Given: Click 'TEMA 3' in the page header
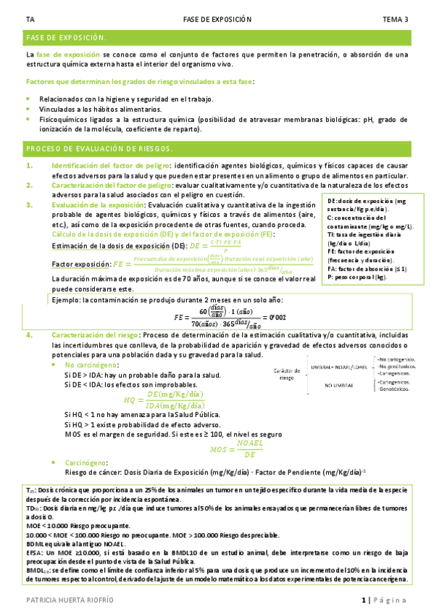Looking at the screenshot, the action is (x=395, y=20).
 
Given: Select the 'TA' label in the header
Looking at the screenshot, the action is (x=28, y=20).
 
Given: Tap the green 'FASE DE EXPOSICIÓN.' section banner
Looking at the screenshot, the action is (x=66, y=37).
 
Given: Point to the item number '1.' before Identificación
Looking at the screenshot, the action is (x=30, y=165).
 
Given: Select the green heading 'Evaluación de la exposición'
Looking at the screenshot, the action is (x=96, y=205).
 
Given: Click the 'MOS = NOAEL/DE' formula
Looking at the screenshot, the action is (x=233, y=450).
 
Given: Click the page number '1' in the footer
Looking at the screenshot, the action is (x=364, y=600).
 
